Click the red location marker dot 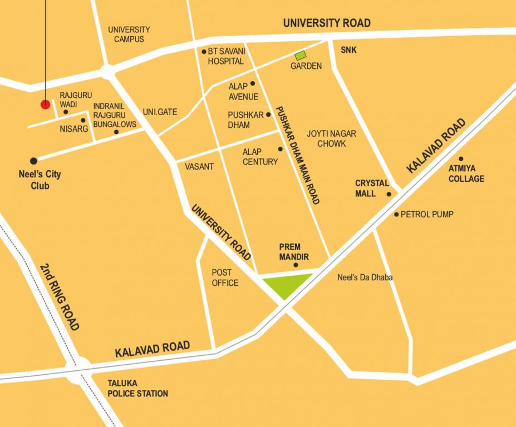45,105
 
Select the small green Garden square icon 301,56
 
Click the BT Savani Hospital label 225,56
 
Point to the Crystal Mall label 372,188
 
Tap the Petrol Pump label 427,214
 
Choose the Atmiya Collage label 466,173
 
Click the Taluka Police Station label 137,389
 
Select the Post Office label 225,278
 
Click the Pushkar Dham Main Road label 298,155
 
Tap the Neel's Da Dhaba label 365,277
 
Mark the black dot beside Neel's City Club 34,161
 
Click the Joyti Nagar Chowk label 331,138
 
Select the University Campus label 129,34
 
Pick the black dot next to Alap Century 281,149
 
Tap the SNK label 349,50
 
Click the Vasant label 199,167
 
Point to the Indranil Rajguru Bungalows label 114,115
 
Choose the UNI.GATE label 160,112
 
